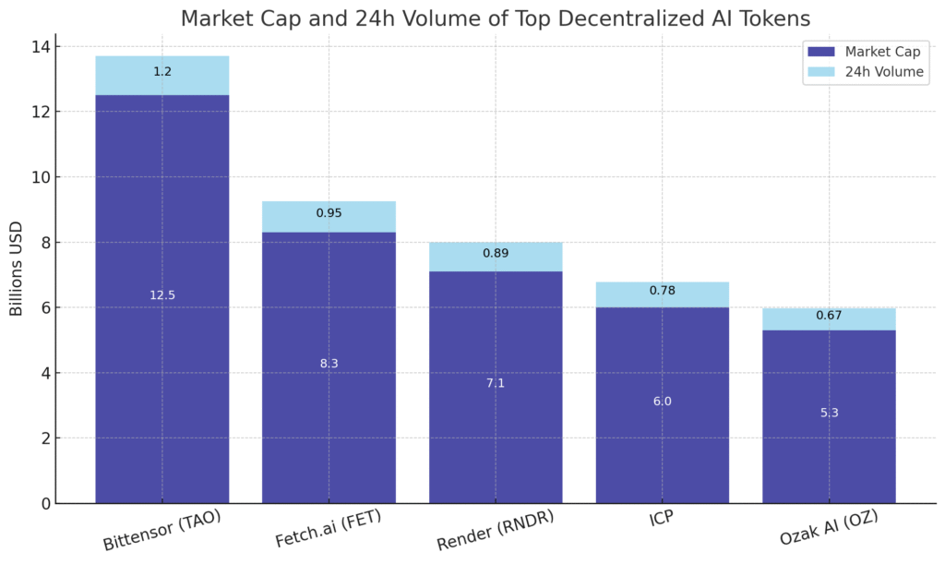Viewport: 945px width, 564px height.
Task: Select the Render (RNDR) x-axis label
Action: [x=496, y=530]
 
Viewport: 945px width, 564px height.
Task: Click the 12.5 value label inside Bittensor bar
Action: [x=162, y=295]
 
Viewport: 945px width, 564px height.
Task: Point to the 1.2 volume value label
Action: [x=162, y=71]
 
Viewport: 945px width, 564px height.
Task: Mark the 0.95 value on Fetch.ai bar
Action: [x=329, y=213]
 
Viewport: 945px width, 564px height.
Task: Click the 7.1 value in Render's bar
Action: [x=496, y=382]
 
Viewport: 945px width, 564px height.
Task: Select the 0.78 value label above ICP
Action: [x=662, y=291]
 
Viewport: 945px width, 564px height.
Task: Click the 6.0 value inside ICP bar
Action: [x=662, y=402]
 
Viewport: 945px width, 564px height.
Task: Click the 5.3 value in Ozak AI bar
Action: [x=829, y=413]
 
